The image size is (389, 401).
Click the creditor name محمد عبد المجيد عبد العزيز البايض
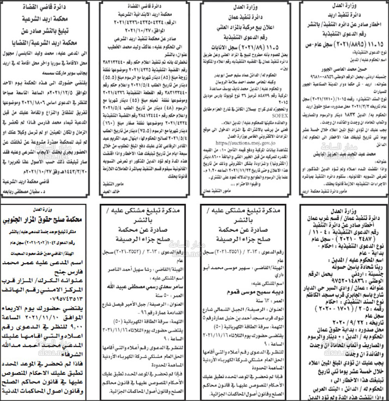click(345, 154)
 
